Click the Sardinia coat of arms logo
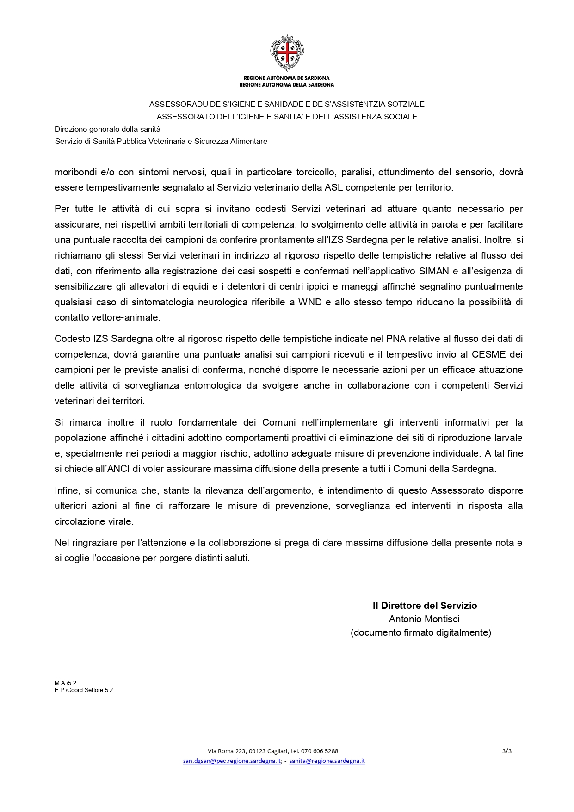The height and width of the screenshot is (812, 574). (287, 53)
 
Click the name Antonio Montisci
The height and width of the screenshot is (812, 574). (424, 619)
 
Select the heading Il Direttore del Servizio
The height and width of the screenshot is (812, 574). (425, 606)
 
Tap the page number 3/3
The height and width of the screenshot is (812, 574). (506, 751)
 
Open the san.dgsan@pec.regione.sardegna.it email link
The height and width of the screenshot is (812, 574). (232, 761)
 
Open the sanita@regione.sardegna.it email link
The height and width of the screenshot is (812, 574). (327, 761)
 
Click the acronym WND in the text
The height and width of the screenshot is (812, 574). (310, 302)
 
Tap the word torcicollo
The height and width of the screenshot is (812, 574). (316, 172)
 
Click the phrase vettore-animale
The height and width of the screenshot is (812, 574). (107, 318)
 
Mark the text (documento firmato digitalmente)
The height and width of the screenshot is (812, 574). (420, 632)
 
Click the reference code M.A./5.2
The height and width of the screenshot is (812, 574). (65, 683)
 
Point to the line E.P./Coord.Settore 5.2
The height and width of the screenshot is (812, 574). (84, 690)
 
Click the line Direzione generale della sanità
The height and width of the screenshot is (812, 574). (107, 130)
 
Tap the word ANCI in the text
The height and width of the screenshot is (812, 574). (117, 469)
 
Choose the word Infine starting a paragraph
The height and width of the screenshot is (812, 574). (66, 490)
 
